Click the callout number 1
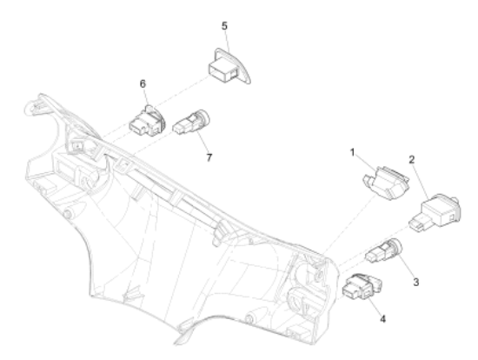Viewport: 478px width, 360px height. [x=352, y=152]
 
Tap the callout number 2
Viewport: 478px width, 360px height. [x=412, y=159]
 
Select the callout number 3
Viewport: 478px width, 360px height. [x=415, y=283]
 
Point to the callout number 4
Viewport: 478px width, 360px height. [x=383, y=319]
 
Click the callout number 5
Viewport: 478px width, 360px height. [x=224, y=26]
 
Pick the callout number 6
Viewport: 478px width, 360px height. [x=143, y=83]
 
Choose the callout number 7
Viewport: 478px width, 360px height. [x=209, y=157]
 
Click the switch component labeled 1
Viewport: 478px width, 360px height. [x=386, y=183]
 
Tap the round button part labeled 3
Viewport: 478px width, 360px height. [x=384, y=250]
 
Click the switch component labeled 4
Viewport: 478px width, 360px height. [x=362, y=287]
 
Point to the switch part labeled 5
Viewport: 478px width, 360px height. [x=229, y=66]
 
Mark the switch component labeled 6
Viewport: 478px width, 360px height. [x=148, y=122]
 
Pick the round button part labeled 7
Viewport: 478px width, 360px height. [x=192, y=123]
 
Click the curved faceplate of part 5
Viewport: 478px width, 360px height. [x=240, y=64]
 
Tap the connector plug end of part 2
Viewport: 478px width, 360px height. [x=419, y=223]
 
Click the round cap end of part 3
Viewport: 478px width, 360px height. [x=395, y=246]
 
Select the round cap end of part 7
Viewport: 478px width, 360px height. [x=203, y=117]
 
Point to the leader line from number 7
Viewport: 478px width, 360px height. [x=202, y=142]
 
